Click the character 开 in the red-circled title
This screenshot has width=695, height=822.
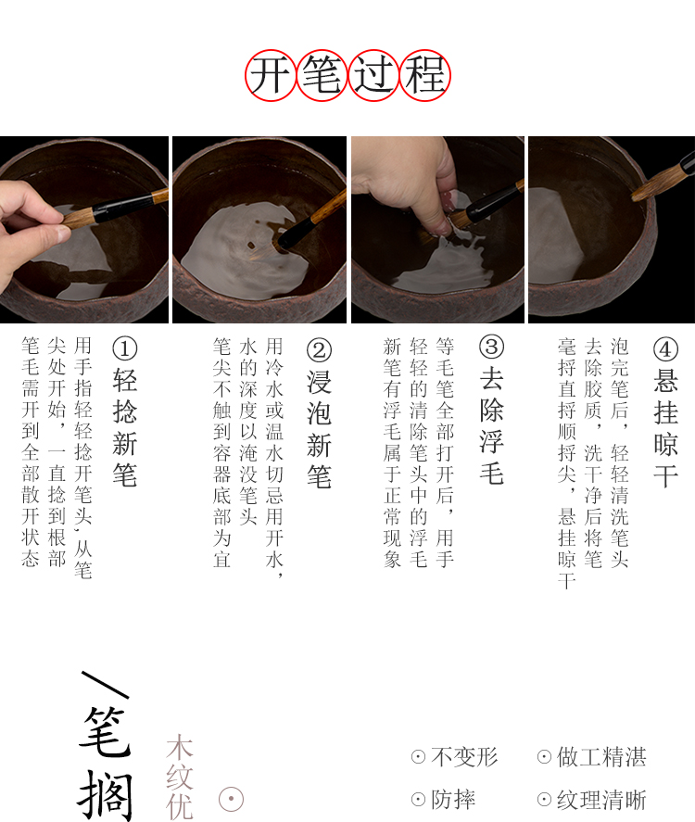click(x=270, y=75)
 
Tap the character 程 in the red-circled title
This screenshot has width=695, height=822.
click(x=425, y=75)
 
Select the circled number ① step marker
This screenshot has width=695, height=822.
click(x=125, y=348)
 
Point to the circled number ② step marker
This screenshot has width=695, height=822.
click(x=319, y=350)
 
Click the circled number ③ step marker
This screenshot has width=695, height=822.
click(x=492, y=347)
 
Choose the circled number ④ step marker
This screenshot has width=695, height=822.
click(x=665, y=349)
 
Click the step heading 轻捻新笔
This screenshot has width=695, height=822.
click(x=125, y=427)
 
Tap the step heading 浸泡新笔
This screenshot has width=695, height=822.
click(x=319, y=429)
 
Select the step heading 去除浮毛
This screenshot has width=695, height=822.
click(x=492, y=425)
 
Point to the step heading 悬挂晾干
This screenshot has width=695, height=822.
click(x=665, y=428)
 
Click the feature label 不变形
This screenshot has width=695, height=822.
click(x=464, y=757)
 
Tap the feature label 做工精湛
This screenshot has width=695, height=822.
click(x=601, y=757)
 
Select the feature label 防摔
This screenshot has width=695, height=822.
click(x=453, y=800)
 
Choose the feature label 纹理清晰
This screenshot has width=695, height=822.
click(x=601, y=800)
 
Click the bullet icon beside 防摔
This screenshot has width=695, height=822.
click(x=418, y=800)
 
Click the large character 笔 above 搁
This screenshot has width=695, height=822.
click(x=105, y=731)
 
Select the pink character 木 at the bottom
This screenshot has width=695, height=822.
click(x=180, y=747)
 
